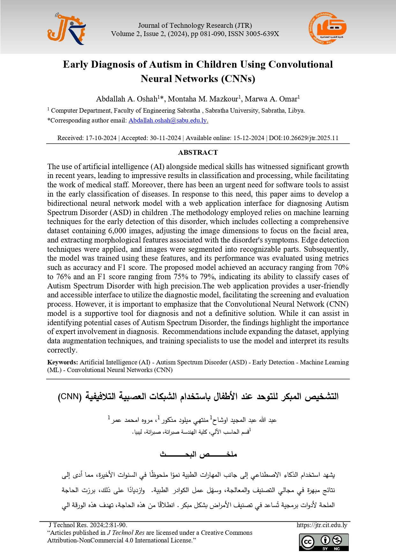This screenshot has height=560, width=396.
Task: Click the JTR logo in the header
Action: [66, 29]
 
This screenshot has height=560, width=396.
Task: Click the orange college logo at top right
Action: [327, 29]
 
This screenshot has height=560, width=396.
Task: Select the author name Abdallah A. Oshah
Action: [127, 99]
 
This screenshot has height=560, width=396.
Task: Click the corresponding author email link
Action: [168, 121]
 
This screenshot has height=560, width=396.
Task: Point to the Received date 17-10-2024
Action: [101, 138]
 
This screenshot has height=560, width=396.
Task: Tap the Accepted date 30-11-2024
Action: [165, 138]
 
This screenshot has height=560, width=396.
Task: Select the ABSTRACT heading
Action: [198, 153]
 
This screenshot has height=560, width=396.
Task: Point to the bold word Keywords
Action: [63, 362]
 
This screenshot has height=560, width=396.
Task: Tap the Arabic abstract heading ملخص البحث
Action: [198, 454]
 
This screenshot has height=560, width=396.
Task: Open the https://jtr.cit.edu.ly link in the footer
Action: [322, 525]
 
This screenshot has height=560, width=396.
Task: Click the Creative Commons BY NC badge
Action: [324, 542]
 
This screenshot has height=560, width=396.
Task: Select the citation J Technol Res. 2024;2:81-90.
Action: [88, 525]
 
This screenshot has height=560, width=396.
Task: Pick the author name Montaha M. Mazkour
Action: [203, 99]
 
